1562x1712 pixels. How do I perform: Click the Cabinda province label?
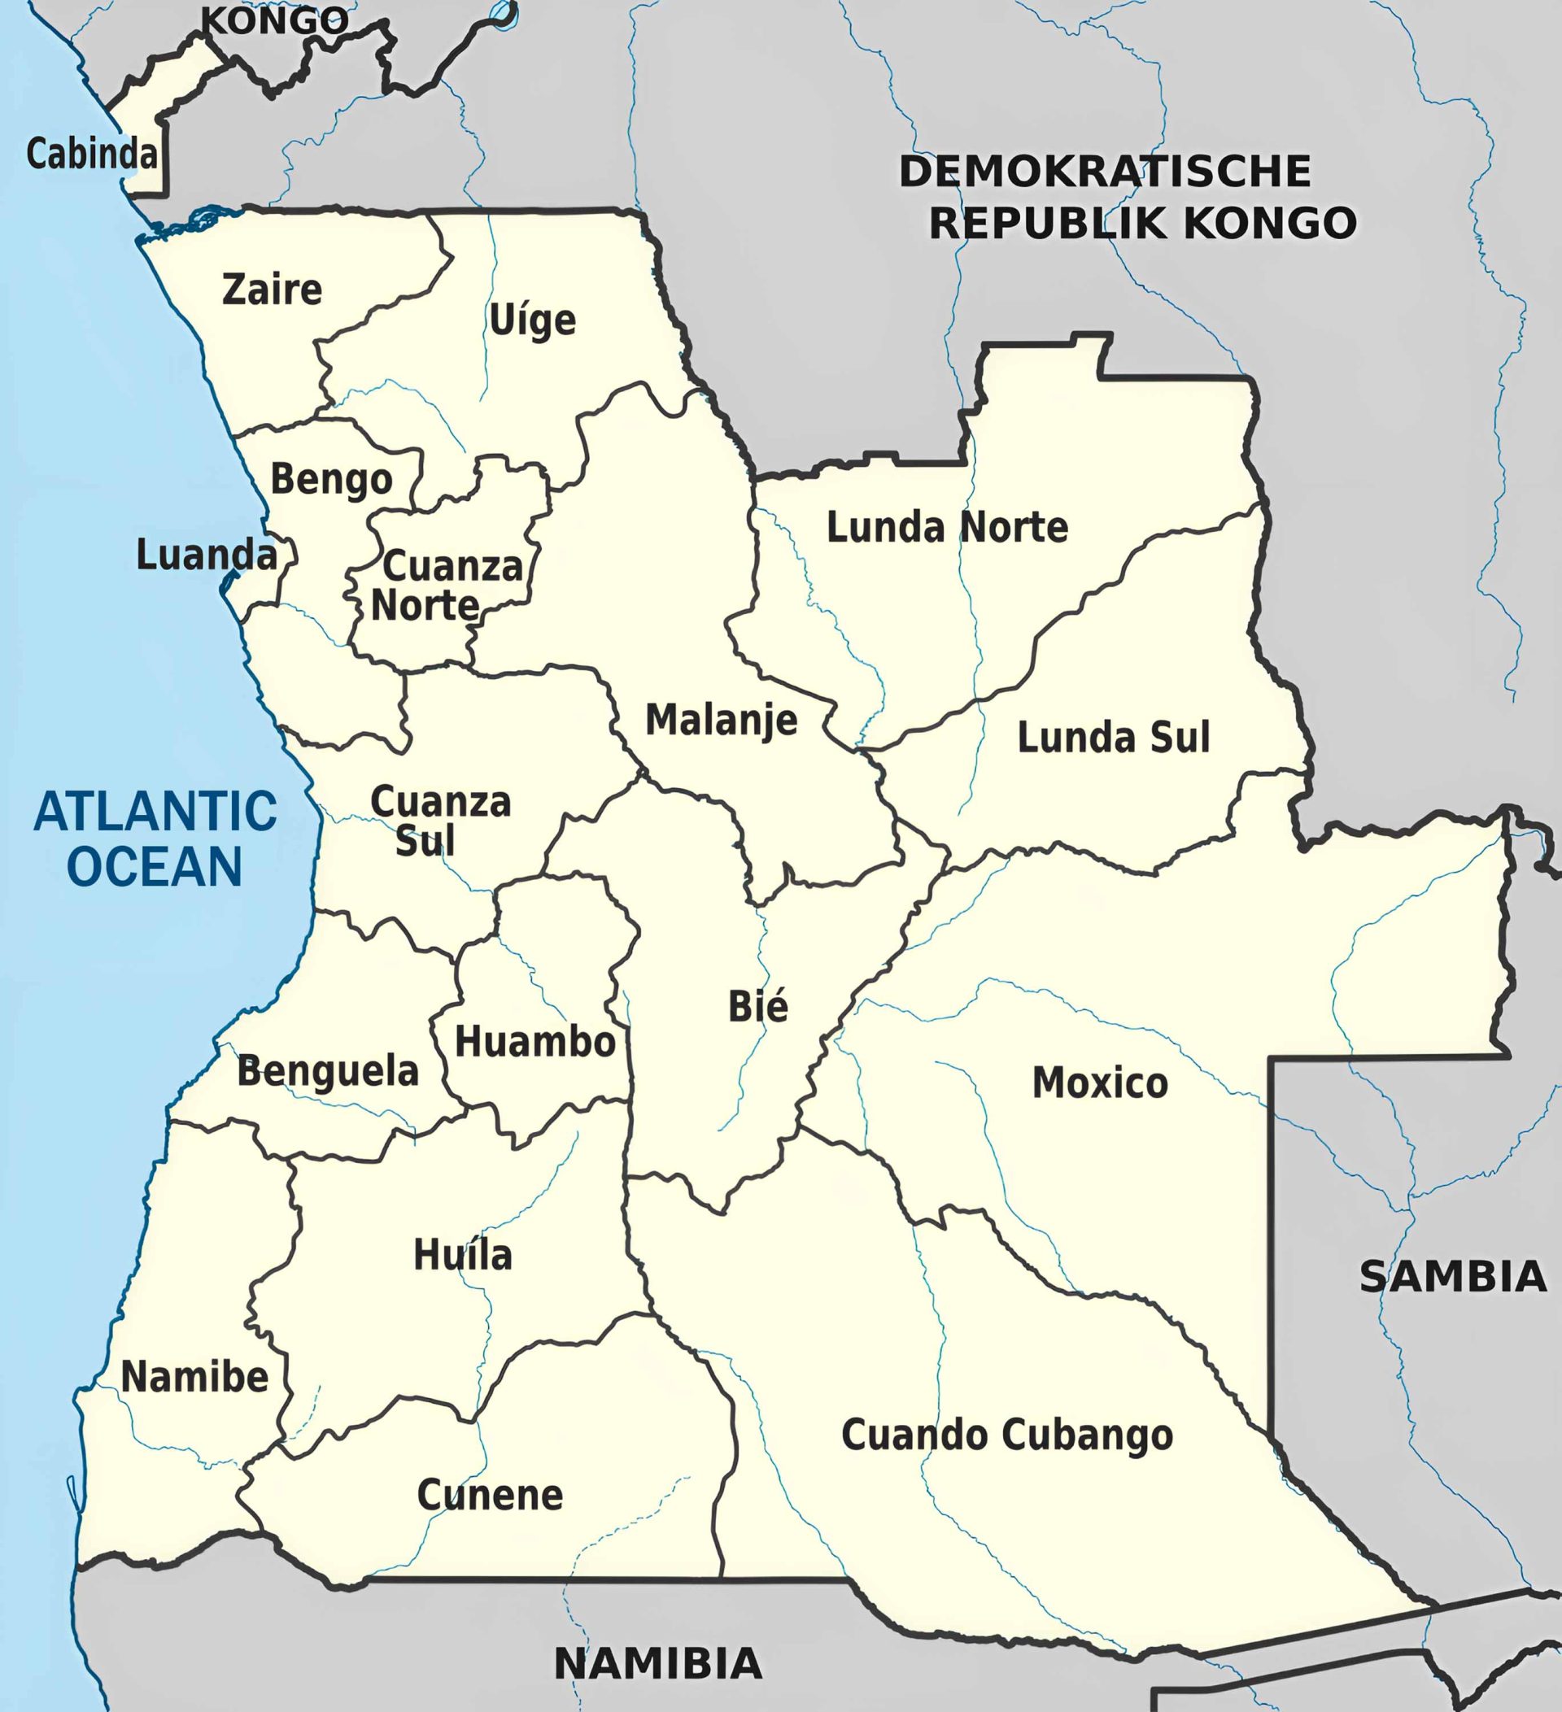point(92,154)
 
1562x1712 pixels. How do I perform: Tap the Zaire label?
point(272,290)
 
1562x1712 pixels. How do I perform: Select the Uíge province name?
point(533,321)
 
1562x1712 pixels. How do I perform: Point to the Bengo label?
point(331,480)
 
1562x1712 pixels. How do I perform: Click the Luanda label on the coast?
point(207,555)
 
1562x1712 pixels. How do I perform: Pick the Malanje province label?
point(721,720)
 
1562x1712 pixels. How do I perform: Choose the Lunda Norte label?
point(947,527)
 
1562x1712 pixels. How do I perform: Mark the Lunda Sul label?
point(1114,737)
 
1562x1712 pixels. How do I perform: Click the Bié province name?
point(757,1006)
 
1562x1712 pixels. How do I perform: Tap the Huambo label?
point(535,1042)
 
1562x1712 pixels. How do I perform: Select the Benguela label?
point(328,1071)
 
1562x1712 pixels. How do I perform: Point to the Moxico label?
point(1100,1083)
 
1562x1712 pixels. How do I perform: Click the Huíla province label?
point(463,1255)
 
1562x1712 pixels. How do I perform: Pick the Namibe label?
point(194,1377)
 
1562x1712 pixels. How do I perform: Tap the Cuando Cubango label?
point(1007,1435)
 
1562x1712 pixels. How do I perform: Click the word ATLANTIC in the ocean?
point(155,811)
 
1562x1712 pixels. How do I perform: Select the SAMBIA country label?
point(1452,1276)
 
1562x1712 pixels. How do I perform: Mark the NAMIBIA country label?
point(658,1662)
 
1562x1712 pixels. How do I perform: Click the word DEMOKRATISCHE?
point(1105,172)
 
